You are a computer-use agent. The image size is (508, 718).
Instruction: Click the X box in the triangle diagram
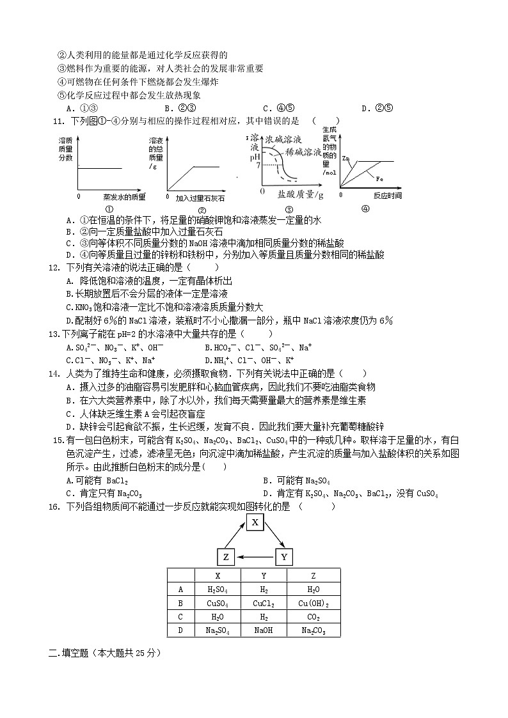coord(255,522)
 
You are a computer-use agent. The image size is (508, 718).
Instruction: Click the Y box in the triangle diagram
coord(284,558)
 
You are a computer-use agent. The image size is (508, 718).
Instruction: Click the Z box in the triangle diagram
coord(226,558)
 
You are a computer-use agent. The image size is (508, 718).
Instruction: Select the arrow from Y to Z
coord(255,558)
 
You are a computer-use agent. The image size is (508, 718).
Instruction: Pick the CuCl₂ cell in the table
coord(264,604)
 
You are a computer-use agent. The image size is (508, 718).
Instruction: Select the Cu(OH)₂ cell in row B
coord(313,604)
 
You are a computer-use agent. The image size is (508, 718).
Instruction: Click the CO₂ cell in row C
coord(313,617)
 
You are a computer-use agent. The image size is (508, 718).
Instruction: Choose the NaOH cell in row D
coord(264,630)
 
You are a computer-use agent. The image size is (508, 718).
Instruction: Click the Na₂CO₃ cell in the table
coord(313,630)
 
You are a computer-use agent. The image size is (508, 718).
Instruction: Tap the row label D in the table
coord(180,630)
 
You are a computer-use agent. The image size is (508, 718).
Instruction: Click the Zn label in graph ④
coord(346,157)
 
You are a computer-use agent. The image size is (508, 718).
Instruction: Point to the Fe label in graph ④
coord(379,178)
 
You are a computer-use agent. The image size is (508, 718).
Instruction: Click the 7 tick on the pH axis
coord(257,165)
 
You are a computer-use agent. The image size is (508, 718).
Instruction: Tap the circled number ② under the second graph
coord(202,210)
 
